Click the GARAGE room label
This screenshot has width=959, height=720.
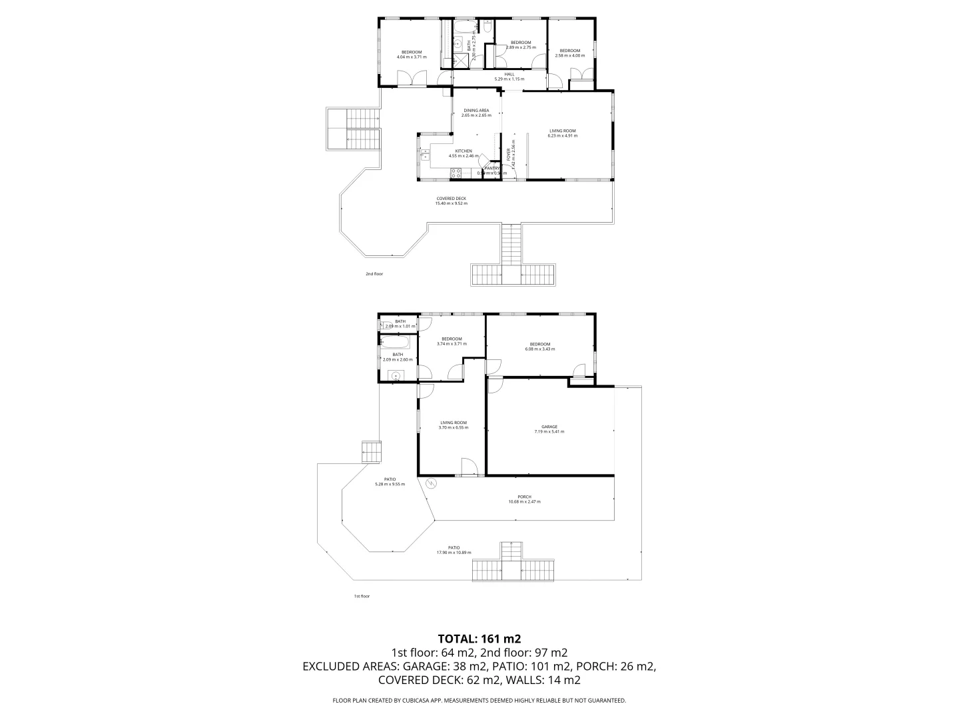tap(549, 429)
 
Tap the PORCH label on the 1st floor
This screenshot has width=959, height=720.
tap(524, 499)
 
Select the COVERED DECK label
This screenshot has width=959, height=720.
tap(451, 201)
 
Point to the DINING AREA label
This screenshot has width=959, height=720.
tap(476, 113)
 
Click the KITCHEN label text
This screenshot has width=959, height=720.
tap(464, 153)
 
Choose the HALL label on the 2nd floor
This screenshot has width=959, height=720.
tap(509, 77)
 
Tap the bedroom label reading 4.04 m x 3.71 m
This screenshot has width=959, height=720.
tap(411, 55)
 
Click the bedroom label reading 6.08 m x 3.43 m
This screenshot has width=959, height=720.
tap(539, 346)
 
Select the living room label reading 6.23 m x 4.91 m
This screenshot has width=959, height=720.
tap(562, 133)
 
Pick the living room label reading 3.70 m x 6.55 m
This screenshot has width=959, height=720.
tap(454, 425)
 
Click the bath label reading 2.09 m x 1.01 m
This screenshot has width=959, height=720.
tap(400, 324)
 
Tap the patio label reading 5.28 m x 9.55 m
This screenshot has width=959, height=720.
tap(390, 481)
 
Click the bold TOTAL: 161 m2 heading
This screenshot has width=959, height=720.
tap(479, 639)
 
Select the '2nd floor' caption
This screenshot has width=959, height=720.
tap(374, 274)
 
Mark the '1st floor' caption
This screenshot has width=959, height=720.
tap(361, 596)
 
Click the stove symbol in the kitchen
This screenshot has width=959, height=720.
tap(457, 173)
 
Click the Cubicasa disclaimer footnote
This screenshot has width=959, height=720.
tap(479, 701)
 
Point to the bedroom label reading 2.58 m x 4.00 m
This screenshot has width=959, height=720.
tap(569, 53)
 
